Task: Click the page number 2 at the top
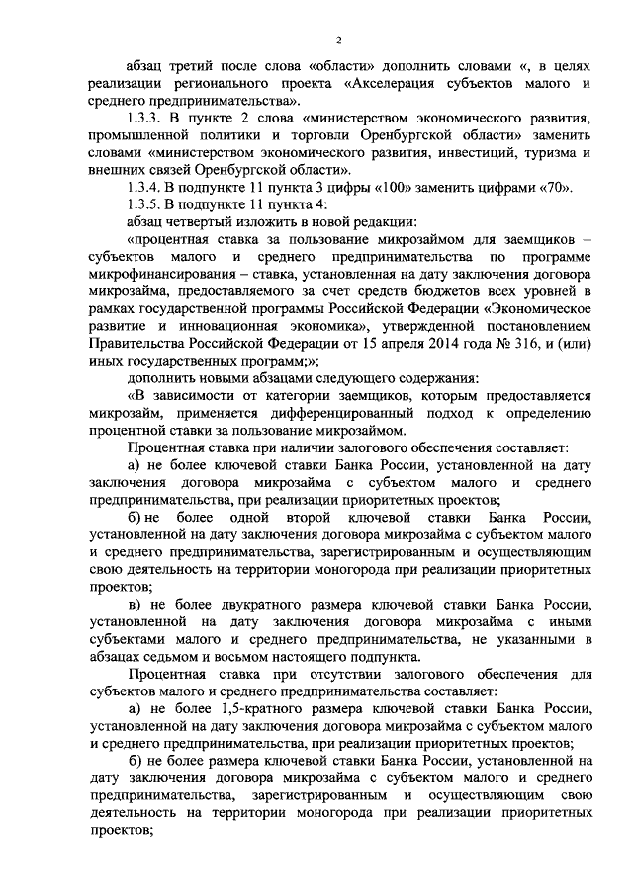click(x=338, y=41)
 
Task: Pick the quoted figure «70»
click(x=575, y=188)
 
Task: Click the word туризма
click(x=532, y=153)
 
